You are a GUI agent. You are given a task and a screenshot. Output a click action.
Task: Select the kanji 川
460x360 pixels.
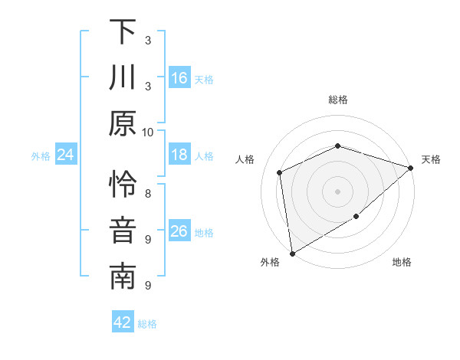[x=123, y=78]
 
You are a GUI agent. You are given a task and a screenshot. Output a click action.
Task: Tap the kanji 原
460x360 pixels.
[x=123, y=124]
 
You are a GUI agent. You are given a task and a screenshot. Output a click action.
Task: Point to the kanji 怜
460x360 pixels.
[x=123, y=185]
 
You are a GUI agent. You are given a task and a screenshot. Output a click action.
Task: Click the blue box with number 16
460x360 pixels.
[x=179, y=78]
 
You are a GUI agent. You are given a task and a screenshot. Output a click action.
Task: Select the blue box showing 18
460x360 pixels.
[x=179, y=155]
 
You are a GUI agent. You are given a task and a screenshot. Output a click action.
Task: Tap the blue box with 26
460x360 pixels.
[x=179, y=231]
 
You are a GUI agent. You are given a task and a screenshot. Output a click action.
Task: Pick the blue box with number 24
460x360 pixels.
[x=66, y=155]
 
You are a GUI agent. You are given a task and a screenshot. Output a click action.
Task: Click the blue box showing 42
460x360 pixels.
[x=123, y=322]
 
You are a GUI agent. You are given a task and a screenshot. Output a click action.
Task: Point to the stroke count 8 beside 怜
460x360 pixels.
[x=148, y=193]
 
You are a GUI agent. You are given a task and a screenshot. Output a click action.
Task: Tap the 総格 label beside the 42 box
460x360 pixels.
[x=147, y=324]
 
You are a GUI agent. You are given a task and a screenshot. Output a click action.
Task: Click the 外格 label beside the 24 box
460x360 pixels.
[x=41, y=156]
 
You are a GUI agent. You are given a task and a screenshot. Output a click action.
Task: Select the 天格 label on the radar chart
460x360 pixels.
[x=432, y=159]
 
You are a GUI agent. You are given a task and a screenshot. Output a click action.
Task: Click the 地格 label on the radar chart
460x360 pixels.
[x=402, y=263]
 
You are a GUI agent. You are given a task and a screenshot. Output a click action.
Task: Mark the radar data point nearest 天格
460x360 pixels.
[x=411, y=168]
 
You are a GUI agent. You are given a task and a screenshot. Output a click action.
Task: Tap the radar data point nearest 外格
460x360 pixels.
[x=292, y=253]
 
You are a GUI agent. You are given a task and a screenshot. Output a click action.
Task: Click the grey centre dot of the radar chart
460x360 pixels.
[x=338, y=191]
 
